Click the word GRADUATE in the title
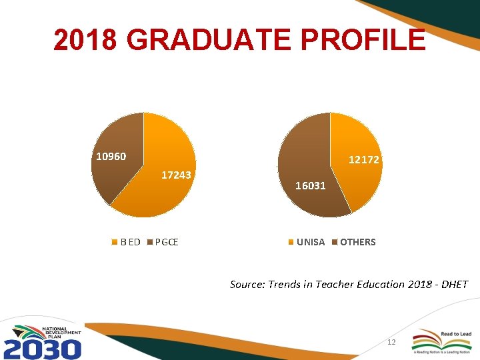pyautogui.click(x=209, y=40)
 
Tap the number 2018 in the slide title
pyautogui.click(x=86, y=40)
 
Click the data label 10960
pyautogui.click(x=111, y=157)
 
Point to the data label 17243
pyautogui.click(x=177, y=175)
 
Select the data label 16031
pyautogui.click(x=311, y=185)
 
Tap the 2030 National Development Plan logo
pyautogui.click(x=43, y=341)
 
